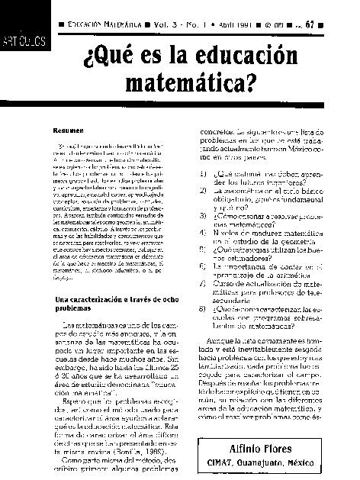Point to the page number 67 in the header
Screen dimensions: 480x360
[x=330, y=24]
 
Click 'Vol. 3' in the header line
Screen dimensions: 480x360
[x=188, y=24]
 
